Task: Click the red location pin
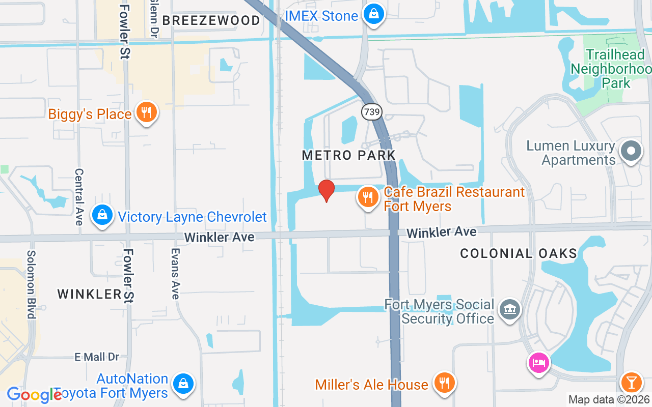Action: point(326,190)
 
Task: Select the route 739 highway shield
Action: point(372,112)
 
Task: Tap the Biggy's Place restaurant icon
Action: point(147,112)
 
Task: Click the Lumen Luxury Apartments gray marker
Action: point(631,151)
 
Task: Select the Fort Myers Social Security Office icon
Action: point(509,309)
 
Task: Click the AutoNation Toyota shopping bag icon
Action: point(183,384)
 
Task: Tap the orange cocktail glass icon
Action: point(632,382)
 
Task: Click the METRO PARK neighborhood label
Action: point(348,155)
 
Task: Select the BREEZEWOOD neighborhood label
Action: point(211,21)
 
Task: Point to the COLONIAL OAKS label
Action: point(519,253)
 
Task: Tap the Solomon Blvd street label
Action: point(32,284)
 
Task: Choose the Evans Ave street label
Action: point(175,273)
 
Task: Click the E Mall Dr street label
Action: point(97,357)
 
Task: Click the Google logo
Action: point(34,395)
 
